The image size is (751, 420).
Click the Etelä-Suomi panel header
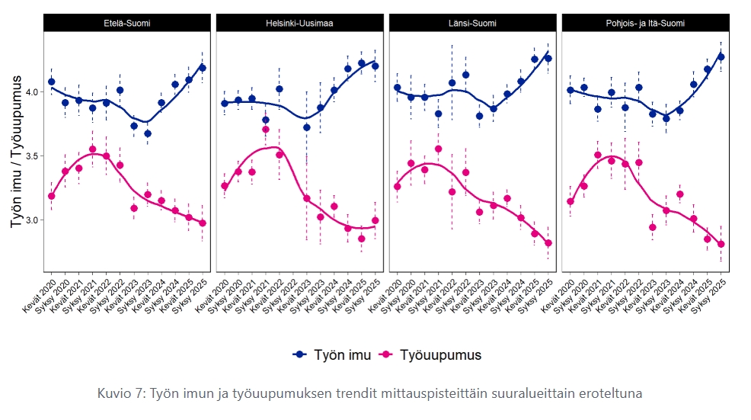coord(127,23)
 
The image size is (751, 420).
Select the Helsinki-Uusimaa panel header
coord(299,23)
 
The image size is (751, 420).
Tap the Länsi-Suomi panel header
coord(472,23)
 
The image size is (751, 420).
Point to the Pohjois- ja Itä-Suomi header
coord(646,23)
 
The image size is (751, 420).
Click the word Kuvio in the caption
coord(114,393)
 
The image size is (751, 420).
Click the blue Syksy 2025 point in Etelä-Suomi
coord(203,68)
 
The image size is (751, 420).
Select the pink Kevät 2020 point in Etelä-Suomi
coord(52,196)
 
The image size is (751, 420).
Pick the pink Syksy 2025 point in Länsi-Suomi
coord(548,243)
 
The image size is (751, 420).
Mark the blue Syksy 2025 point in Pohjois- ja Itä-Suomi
coord(721,56)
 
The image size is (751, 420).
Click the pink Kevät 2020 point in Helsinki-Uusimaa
coord(225,186)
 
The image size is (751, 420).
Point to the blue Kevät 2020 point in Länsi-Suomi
coord(398,88)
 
